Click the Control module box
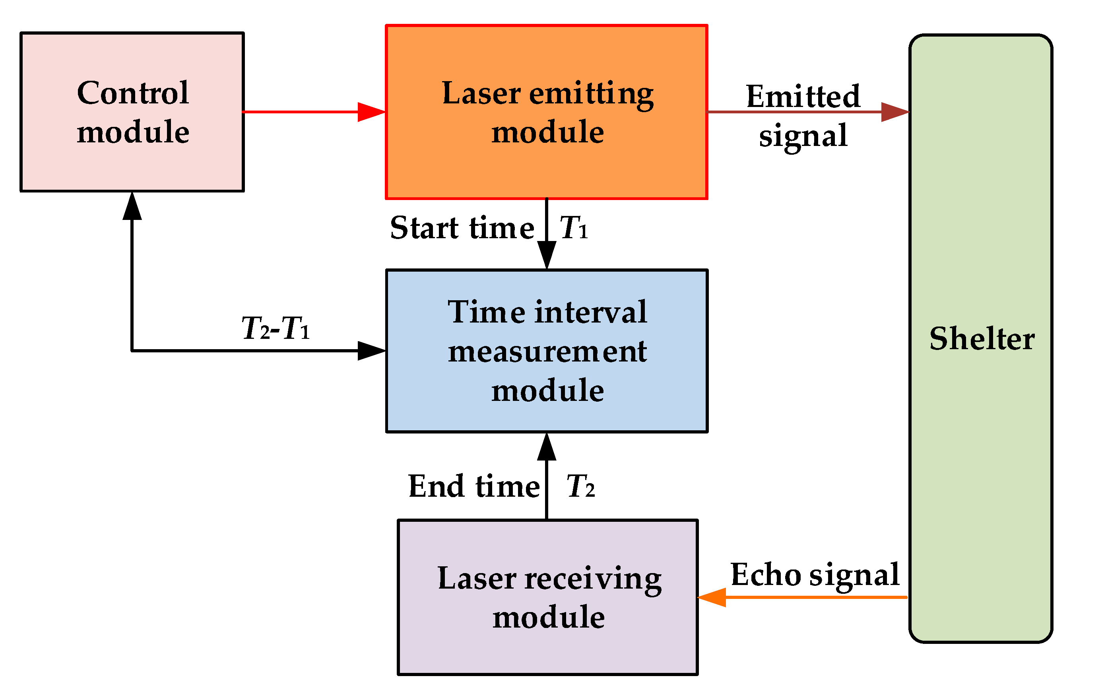point(132,112)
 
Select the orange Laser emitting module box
point(547,112)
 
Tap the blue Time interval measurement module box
point(547,350)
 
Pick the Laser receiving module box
point(547,597)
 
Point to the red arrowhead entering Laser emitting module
point(371,112)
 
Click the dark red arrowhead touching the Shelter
point(894,112)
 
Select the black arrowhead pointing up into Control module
point(132,206)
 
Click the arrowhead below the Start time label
point(547,255)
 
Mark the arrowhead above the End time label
point(547,447)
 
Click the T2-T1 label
point(276,328)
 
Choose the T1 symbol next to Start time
point(573,228)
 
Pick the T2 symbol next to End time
point(580,486)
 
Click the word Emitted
point(803,97)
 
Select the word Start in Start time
point(424,228)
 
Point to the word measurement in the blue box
point(547,352)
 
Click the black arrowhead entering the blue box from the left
point(371,350)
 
